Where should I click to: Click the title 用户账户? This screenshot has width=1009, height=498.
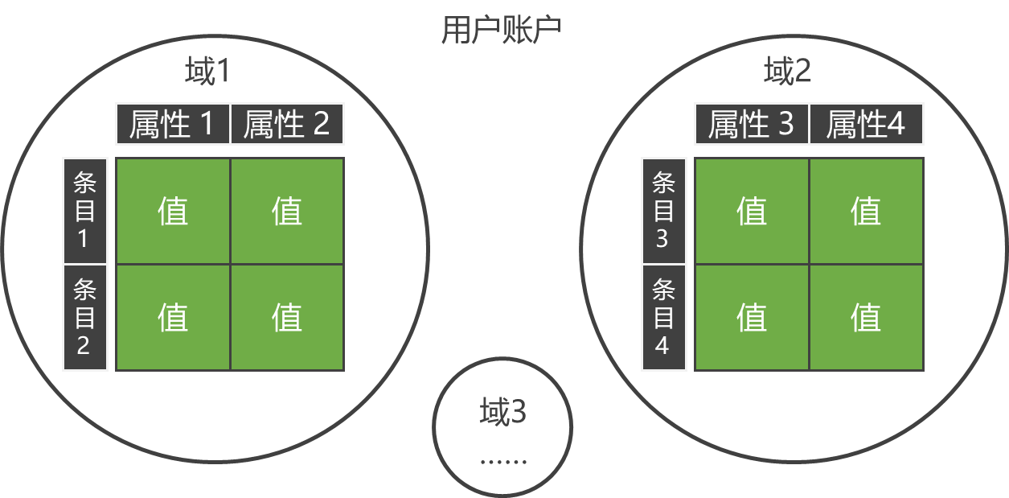click(501, 30)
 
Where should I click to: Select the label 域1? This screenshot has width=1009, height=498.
click(207, 72)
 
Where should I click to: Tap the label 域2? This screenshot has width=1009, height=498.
click(787, 72)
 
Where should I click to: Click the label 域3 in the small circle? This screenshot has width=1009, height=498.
click(502, 412)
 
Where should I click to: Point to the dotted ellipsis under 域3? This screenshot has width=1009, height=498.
click(503, 462)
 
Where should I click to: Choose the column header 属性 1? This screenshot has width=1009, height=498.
click(173, 124)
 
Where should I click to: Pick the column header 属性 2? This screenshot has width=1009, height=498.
click(287, 124)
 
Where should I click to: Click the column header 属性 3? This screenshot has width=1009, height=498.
click(752, 124)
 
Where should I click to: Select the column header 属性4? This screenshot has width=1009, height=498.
click(866, 124)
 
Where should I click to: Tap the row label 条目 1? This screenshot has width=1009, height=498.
click(85, 211)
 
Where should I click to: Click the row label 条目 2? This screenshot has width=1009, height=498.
click(85, 317)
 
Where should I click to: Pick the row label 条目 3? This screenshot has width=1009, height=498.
click(663, 211)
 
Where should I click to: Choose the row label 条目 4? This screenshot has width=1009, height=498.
click(663, 317)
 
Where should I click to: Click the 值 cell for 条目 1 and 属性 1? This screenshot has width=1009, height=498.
click(173, 211)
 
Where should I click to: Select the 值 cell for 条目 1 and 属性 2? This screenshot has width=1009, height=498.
click(287, 211)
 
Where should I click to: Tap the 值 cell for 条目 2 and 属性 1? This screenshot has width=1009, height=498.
click(173, 317)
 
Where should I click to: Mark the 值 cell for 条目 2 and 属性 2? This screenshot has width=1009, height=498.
click(287, 317)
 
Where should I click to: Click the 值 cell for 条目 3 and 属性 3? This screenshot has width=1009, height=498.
click(752, 211)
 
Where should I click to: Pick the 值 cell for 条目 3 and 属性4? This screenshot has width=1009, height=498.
click(866, 211)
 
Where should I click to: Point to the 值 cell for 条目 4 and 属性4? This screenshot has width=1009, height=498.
click(866, 317)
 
